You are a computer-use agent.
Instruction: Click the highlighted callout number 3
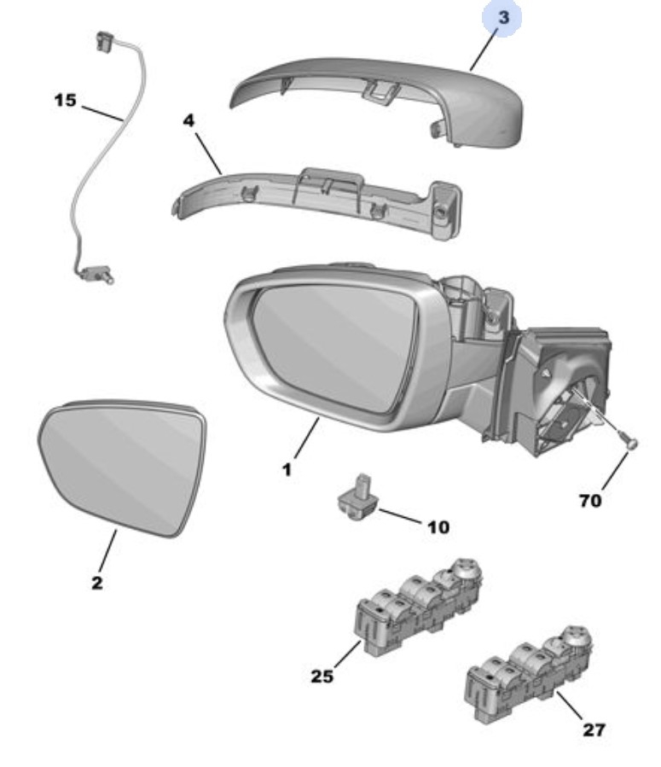[503, 18]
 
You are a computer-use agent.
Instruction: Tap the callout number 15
[65, 101]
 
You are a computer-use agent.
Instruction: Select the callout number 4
[188, 120]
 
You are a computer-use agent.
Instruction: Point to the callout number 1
[287, 469]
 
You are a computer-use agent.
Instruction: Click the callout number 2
[96, 583]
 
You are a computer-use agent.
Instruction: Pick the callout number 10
[437, 528]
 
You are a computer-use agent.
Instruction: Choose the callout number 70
[589, 500]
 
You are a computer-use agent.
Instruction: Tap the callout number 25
[322, 677]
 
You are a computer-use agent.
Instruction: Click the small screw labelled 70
[629, 443]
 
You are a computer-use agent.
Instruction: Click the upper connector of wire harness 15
[106, 40]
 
